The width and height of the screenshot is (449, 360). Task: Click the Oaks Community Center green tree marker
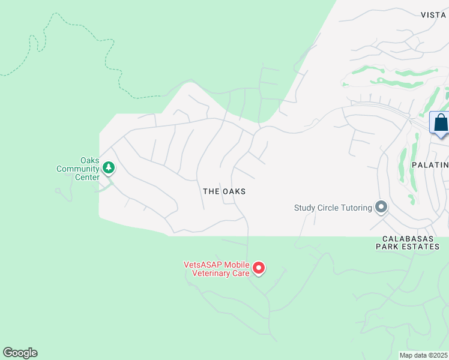tap(109, 168)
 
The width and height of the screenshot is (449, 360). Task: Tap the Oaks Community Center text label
tap(77, 169)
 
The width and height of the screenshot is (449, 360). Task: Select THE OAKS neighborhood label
tap(224, 191)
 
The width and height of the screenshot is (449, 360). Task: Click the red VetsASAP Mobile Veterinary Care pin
tap(259, 268)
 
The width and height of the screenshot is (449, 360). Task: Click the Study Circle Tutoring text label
tap(332, 208)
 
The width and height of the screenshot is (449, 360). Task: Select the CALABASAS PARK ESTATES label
tap(408, 242)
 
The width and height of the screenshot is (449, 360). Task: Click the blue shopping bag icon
tap(441, 123)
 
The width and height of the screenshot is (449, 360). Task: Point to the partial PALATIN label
tap(430, 164)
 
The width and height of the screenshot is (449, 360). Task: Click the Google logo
tap(20, 353)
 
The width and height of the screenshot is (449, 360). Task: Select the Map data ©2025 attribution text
tap(423, 355)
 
